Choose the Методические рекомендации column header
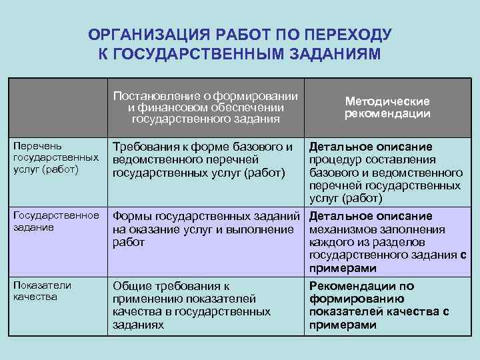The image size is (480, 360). (x=387, y=107)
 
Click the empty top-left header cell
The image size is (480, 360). (x=59, y=107)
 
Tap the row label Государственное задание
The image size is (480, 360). (x=56, y=221)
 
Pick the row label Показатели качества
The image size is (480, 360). (x=43, y=291)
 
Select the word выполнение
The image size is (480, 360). (x=262, y=229)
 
